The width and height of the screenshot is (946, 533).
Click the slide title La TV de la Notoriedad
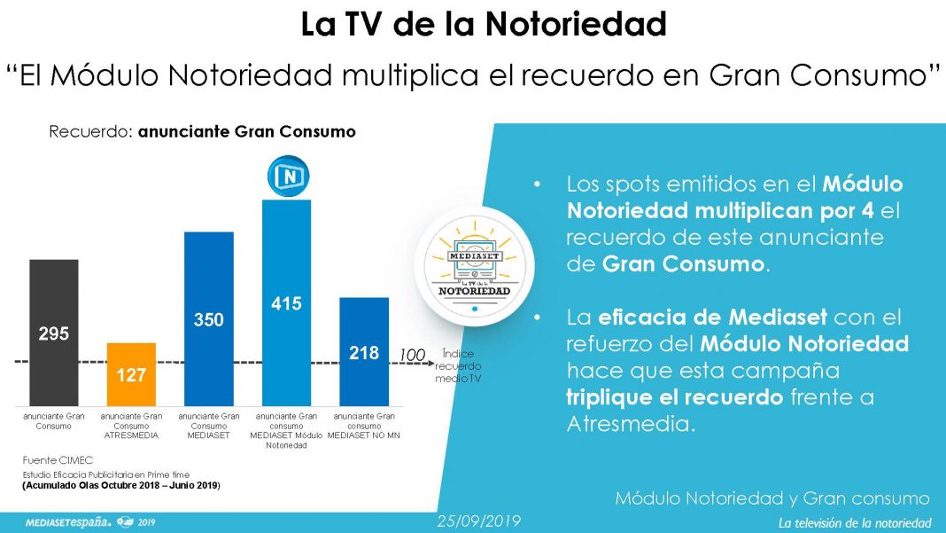(484, 24)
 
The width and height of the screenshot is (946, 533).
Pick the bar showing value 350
(209, 319)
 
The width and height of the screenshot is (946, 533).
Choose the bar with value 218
(364, 352)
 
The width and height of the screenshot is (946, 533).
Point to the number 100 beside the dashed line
(411, 355)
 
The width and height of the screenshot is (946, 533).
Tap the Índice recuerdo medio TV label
(458, 365)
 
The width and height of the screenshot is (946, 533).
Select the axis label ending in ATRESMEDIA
(131, 426)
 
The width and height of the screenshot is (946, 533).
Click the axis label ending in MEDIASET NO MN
(364, 426)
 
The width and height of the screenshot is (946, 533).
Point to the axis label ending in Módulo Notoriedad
(286, 430)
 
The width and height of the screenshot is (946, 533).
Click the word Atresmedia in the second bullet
(630, 424)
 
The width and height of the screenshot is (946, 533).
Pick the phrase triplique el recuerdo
(674, 396)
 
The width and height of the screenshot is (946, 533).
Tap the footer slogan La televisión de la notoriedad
(854, 522)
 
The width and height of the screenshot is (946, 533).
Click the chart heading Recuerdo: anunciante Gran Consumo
(202, 132)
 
